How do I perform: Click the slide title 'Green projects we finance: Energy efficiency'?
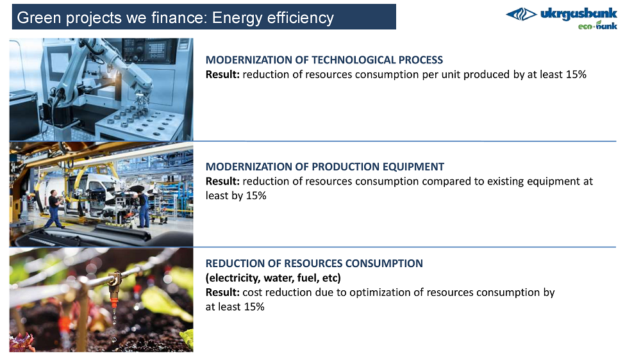tap(176, 17)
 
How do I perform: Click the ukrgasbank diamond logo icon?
tap(521, 14)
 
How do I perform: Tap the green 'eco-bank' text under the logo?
tap(597, 26)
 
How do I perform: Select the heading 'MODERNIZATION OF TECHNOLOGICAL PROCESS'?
tap(324, 60)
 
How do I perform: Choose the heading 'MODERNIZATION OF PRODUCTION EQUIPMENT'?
tap(324, 167)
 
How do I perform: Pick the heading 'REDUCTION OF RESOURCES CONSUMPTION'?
tap(314, 263)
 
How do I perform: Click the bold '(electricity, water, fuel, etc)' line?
tap(273, 278)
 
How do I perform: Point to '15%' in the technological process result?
tap(576, 74)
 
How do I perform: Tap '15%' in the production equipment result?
tap(256, 196)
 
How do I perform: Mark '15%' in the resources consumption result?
tap(254, 307)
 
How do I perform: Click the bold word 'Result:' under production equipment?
tap(222, 181)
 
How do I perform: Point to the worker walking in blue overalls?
tap(54, 209)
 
